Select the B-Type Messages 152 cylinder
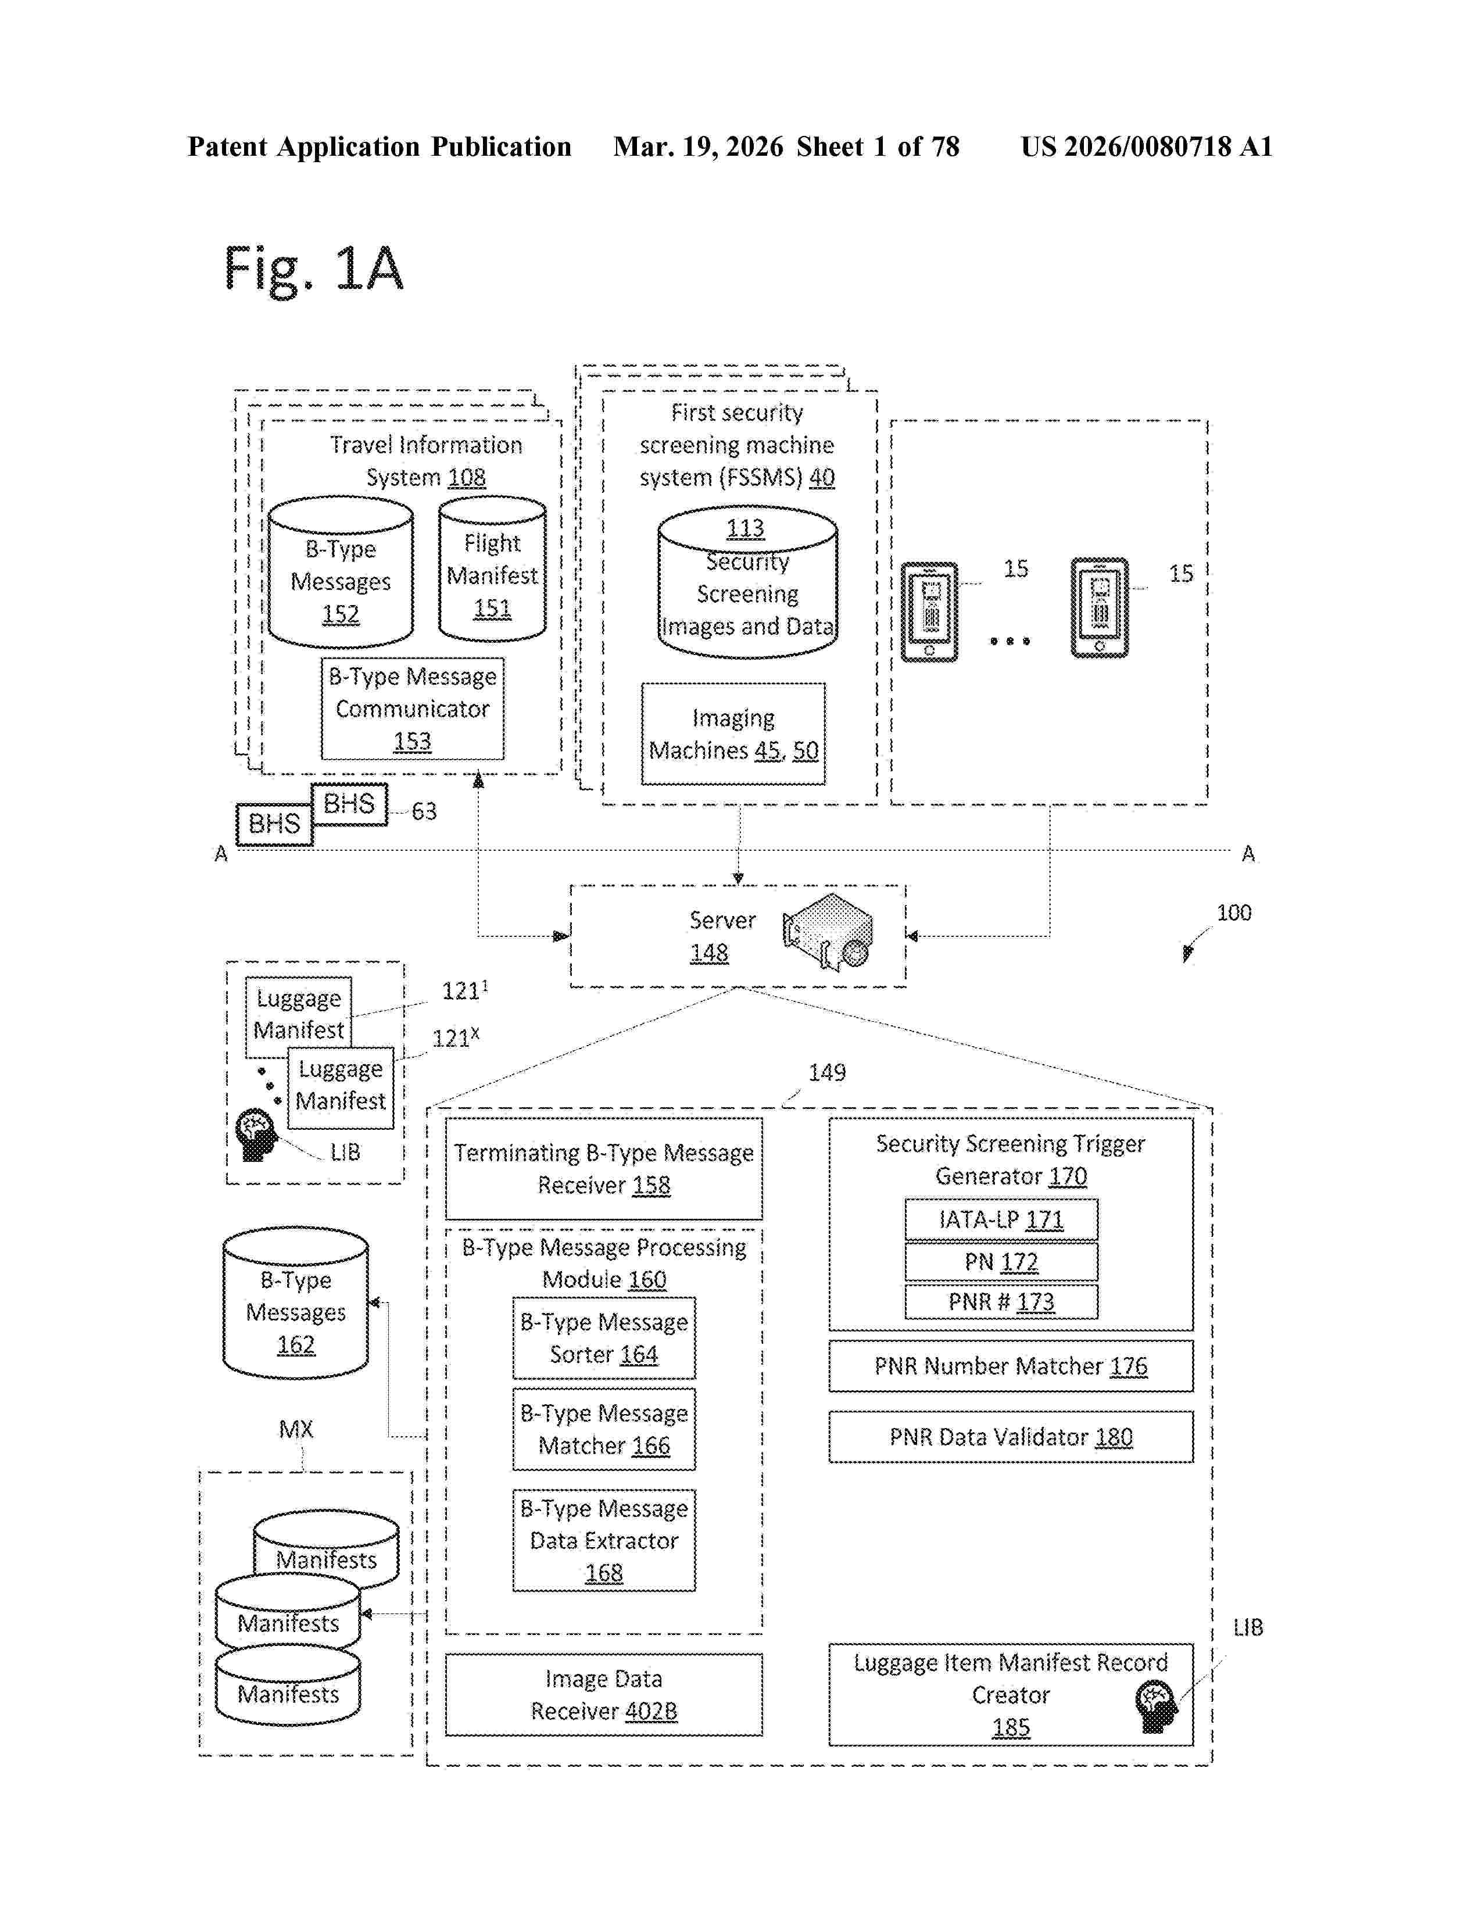click(341, 572)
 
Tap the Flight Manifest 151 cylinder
click(492, 569)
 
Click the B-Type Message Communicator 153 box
click(413, 708)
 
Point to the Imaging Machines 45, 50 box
click(733, 733)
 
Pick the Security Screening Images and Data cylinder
click(747, 581)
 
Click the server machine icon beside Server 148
click(828, 931)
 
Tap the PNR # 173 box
click(1001, 1301)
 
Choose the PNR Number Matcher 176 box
click(1011, 1366)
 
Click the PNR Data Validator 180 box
click(1011, 1437)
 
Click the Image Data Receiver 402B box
click(604, 1695)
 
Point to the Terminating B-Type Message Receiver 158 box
click(604, 1168)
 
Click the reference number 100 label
click(1233, 913)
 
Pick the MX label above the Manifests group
click(296, 1429)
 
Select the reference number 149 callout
click(826, 1072)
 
